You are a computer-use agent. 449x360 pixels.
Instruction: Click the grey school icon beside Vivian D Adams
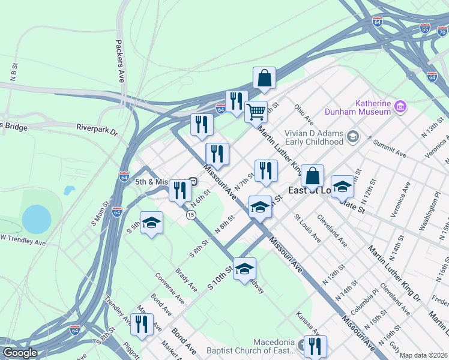[352, 137]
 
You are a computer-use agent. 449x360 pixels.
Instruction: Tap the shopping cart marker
[256, 111]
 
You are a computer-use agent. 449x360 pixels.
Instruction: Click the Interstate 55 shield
[425, 28]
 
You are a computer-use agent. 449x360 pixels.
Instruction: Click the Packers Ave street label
[121, 61]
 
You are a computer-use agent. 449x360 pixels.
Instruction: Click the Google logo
[20, 353]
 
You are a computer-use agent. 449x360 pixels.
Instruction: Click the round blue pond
[36, 219]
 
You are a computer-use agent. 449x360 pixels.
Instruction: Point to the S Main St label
[98, 215]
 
